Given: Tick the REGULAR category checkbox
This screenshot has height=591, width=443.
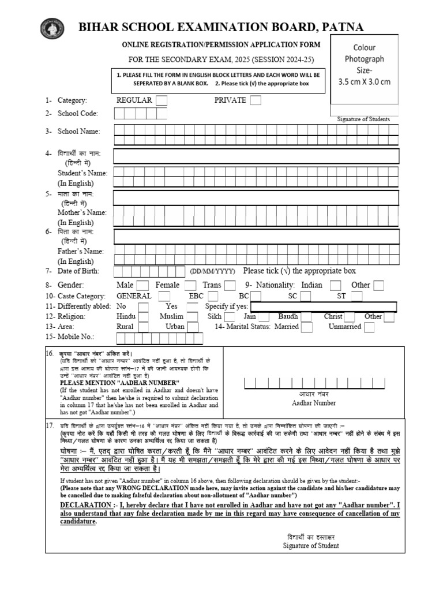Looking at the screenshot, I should pos(162,100).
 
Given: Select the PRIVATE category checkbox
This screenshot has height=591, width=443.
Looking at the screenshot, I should pos(255,100).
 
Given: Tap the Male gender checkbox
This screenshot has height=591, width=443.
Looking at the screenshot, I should pos(142,285).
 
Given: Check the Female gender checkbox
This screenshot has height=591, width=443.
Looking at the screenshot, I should pos(190,285).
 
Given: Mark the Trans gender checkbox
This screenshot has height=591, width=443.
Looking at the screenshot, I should pos(230,285).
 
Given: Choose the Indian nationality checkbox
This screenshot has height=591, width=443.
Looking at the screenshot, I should pos(335,285).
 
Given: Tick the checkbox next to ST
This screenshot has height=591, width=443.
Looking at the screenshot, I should pos(357,296).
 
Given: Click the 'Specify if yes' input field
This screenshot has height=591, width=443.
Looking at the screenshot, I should pos(325,306).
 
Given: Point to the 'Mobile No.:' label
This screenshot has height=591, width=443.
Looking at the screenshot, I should pos(75,337).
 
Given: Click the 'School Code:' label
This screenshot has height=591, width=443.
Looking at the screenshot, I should pos(77,114).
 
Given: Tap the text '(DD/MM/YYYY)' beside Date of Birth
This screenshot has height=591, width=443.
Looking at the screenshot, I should pos(213,271).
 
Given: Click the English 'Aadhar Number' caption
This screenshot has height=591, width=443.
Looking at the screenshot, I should pos(314,403).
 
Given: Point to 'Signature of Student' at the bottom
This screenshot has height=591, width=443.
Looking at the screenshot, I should pos(311,545).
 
